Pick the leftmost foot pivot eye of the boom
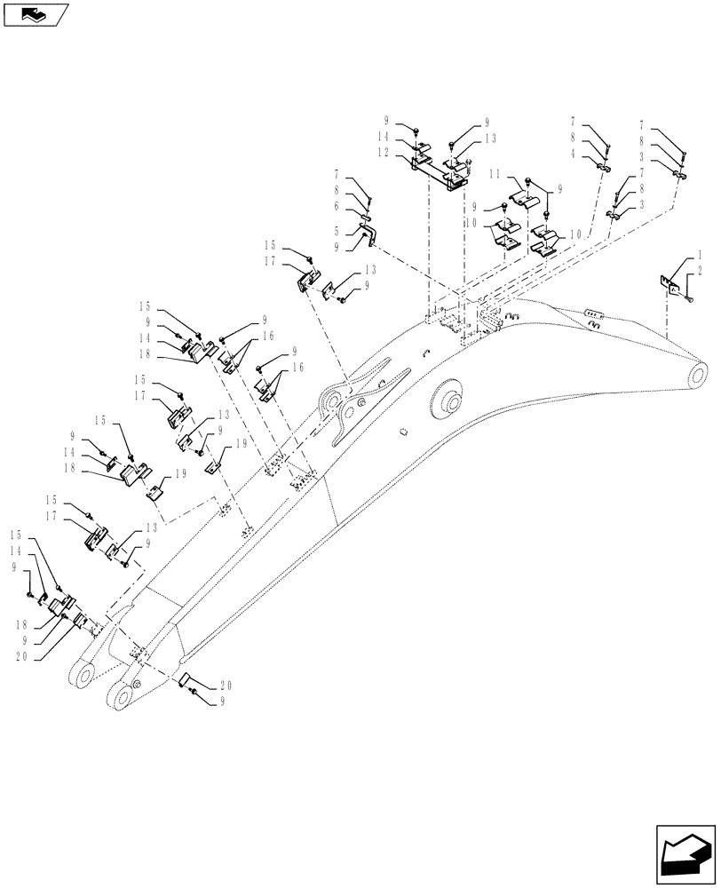82,678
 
